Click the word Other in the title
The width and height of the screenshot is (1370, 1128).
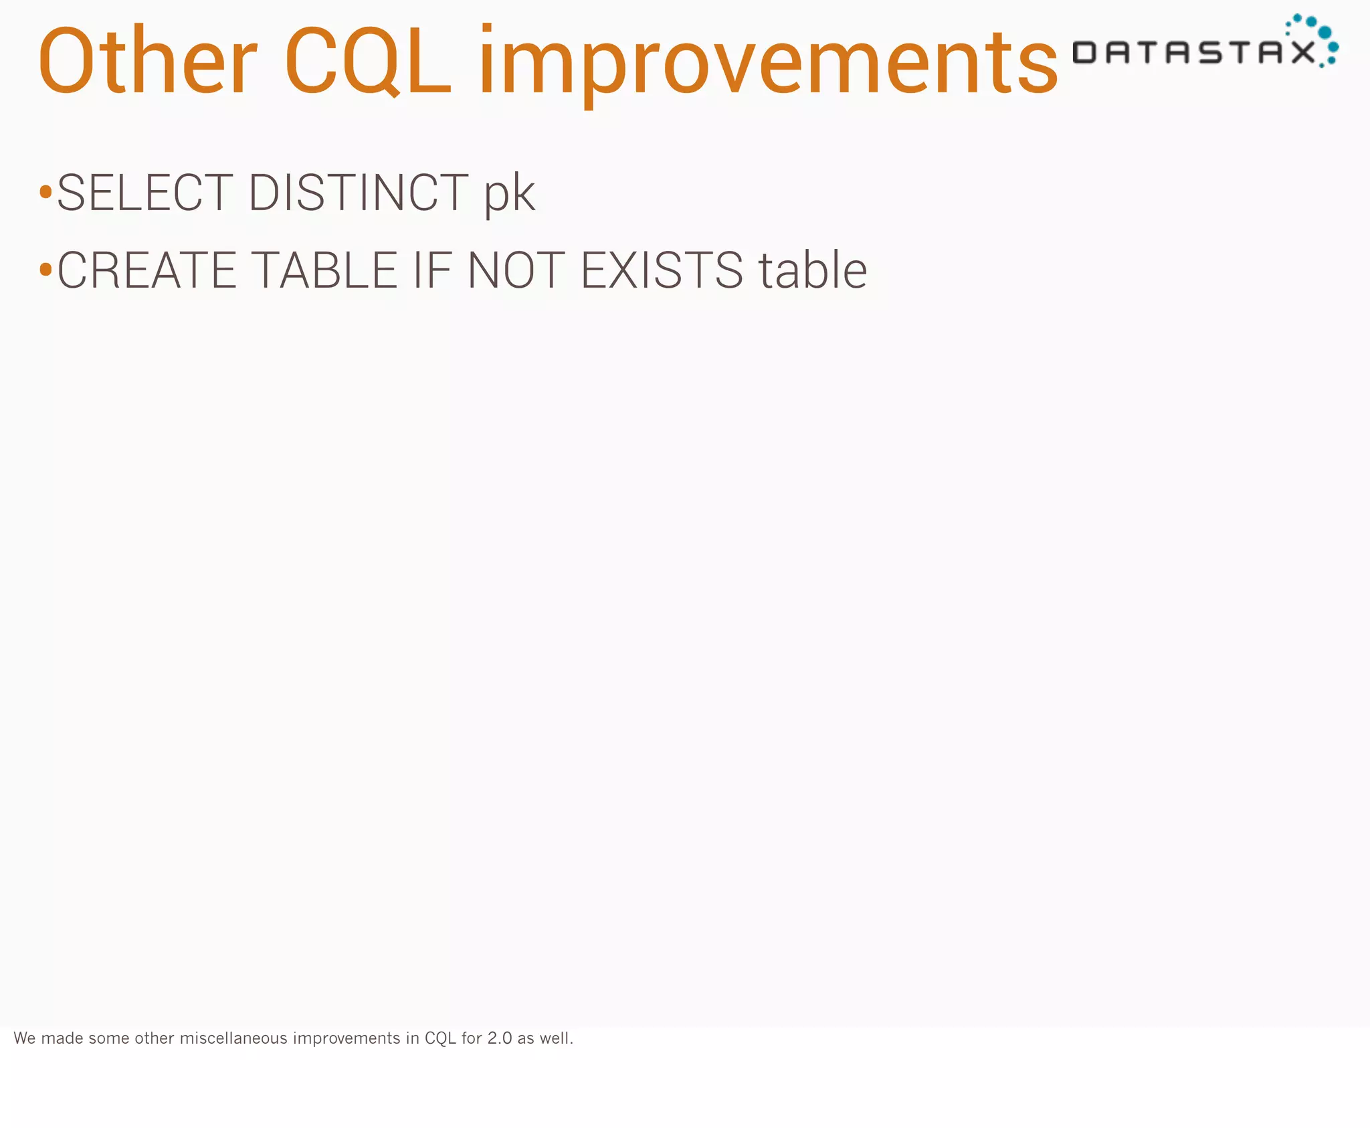[x=147, y=62]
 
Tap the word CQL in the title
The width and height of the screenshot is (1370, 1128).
[x=368, y=62]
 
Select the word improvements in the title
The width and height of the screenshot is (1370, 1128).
[x=768, y=62]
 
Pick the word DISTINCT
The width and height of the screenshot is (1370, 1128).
[x=359, y=193]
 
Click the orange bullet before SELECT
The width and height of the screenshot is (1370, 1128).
[x=45, y=193]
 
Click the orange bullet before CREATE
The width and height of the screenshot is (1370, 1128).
[x=45, y=270]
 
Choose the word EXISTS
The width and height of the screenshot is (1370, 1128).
[x=662, y=270]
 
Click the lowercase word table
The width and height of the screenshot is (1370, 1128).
[x=812, y=270]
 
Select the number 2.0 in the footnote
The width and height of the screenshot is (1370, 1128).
[x=499, y=1038]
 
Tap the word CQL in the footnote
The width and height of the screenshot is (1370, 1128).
[x=440, y=1038]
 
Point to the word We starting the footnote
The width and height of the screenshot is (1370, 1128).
[x=25, y=1038]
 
